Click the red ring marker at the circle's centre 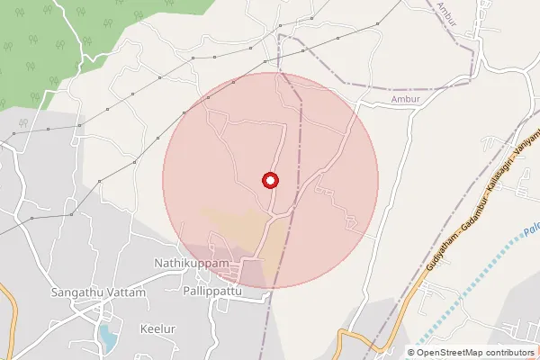point(269,180)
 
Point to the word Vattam point(127,293)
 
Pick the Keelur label point(157,328)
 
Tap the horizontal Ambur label point(406,101)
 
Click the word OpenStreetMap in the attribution point(460,353)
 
